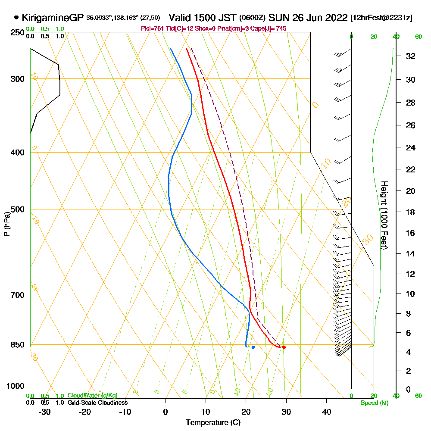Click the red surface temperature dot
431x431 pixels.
tap(284, 347)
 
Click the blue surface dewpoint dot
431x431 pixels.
tap(253, 347)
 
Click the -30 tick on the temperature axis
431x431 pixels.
tap(45, 412)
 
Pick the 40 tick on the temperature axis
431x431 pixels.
tap(326, 412)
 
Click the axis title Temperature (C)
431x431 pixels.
tap(213, 422)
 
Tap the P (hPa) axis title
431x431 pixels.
tap(6, 224)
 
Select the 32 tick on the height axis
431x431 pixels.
tap(411, 56)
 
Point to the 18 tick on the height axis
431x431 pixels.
tap(411, 212)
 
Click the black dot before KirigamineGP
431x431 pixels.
tap(16, 18)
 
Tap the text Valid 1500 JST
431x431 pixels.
tap(202, 18)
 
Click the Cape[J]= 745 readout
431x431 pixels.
tap(270, 28)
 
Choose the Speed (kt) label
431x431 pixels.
tap(373, 403)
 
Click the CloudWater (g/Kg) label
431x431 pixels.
tap(92, 396)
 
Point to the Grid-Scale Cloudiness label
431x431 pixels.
tap(97, 403)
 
